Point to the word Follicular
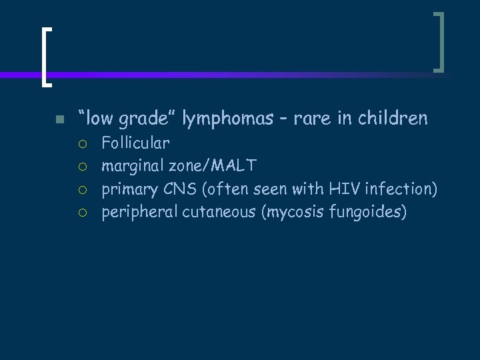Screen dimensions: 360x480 pyautogui.click(x=135, y=142)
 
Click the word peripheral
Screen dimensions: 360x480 pyautogui.click(x=139, y=213)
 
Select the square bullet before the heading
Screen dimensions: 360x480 pyautogui.click(x=59, y=120)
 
